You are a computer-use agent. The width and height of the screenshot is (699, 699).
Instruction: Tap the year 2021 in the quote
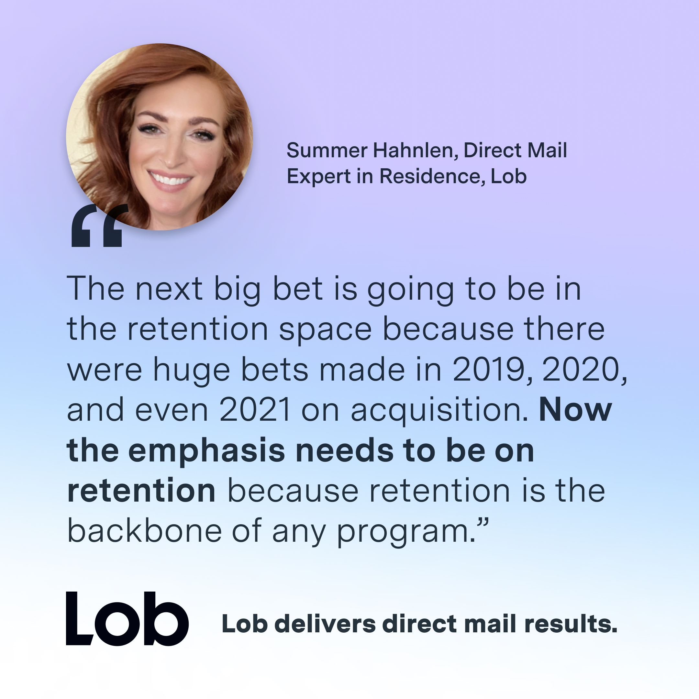pos(255,410)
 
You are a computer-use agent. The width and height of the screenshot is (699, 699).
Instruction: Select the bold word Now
pos(575,410)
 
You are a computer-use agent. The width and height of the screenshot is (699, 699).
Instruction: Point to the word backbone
pos(144,531)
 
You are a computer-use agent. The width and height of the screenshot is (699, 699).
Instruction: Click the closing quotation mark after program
pos(483,523)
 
